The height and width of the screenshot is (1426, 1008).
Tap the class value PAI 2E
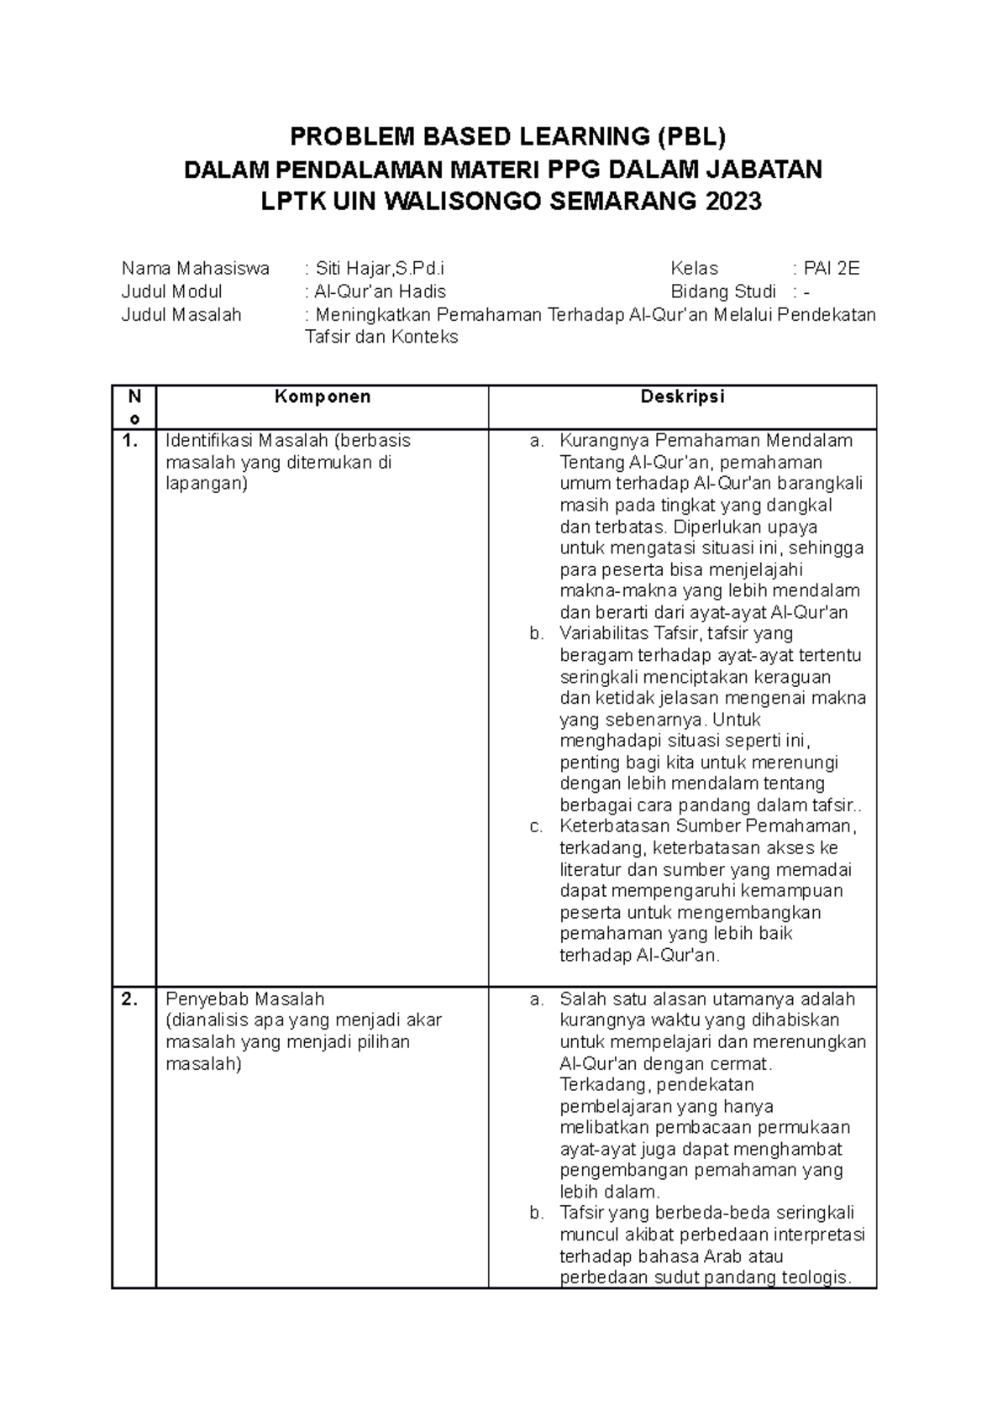[832, 269]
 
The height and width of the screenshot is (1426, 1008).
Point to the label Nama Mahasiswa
[195, 269]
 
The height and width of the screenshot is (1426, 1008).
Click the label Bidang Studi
[722, 291]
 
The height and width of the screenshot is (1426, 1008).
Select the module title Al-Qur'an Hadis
[380, 291]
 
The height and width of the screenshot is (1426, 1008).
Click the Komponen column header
[322, 397]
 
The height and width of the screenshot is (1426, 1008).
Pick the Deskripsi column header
[682, 397]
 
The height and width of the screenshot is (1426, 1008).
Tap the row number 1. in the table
[129, 441]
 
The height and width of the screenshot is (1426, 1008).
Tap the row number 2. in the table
[129, 999]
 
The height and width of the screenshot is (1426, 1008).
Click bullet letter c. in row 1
[536, 826]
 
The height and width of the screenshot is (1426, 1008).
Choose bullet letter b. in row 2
[536, 1214]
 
